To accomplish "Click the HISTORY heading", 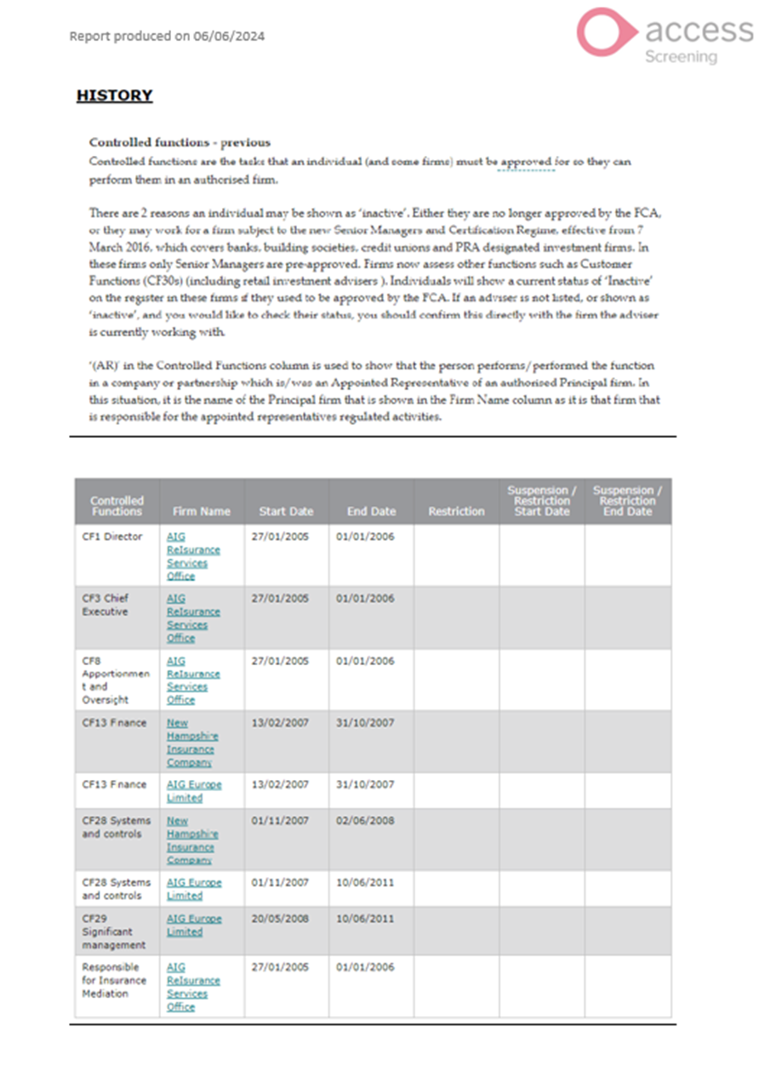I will [x=114, y=95].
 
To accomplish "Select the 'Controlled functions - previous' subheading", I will [x=180, y=142].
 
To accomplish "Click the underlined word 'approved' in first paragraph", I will [x=526, y=162].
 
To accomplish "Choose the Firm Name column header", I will [x=201, y=512].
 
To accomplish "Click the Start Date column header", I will [x=286, y=512].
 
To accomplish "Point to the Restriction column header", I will [x=456, y=512].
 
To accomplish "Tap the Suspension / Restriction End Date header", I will [x=627, y=501].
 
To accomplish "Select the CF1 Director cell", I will [x=112, y=537].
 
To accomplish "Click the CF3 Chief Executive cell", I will [x=106, y=605].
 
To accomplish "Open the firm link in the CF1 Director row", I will [x=192, y=556].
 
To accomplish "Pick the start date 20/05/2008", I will [x=280, y=919].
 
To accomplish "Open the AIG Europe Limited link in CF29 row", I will [x=193, y=926].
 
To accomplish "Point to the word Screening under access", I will [x=680, y=57].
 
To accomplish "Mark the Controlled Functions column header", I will [x=117, y=506].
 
